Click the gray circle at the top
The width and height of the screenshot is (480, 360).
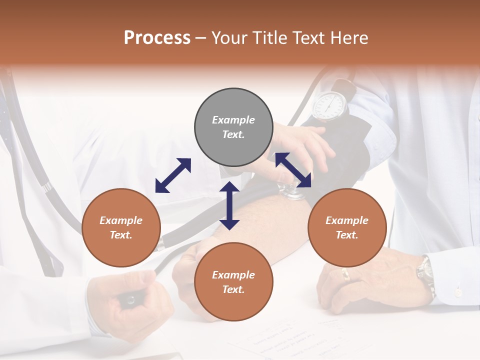[233, 127]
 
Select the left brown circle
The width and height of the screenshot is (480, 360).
[121, 227]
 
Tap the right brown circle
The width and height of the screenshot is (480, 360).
[347, 227]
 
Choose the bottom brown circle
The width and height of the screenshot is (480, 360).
[233, 281]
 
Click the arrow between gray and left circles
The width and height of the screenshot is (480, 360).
[173, 175]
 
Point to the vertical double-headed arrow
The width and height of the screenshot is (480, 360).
[229, 205]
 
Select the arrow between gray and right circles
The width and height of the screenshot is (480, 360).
[293, 169]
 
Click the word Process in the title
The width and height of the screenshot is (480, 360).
[157, 37]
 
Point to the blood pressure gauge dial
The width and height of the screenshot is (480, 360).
[330, 105]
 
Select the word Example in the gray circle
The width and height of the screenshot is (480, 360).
[233, 120]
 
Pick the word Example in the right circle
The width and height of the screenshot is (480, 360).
[347, 220]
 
